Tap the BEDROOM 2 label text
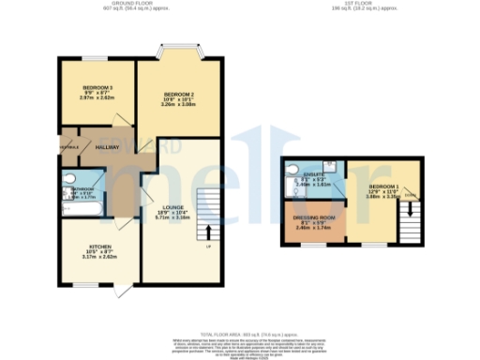[178, 96]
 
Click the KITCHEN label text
[98, 249]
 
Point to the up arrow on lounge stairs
[208, 230]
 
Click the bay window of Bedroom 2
[178, 48]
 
